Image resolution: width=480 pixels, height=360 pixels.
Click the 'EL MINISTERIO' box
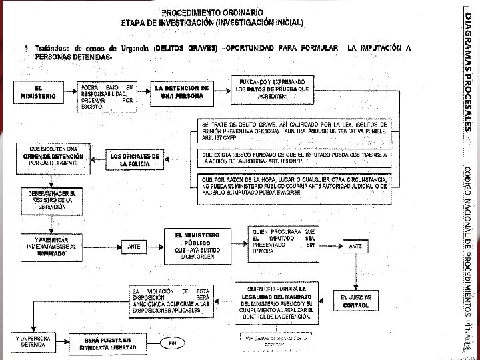coord(38,92)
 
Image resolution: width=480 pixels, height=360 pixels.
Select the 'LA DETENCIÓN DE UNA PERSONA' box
coord(181,91)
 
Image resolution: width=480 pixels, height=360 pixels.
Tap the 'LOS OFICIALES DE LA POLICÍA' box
coord(135,159)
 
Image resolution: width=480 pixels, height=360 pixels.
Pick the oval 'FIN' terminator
coord(173,343)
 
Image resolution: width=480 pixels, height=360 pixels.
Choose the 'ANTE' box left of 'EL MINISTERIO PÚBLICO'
coord(134,246)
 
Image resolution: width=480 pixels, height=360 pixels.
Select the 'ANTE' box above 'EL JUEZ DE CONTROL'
coord(355,246)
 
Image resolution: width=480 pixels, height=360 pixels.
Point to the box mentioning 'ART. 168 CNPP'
coord(311,159)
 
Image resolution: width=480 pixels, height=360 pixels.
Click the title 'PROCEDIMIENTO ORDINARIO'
coord(212,13)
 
